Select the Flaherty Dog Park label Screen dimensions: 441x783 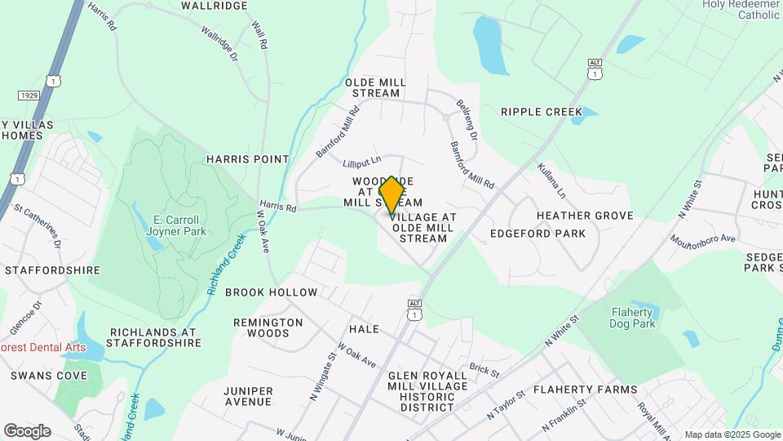point(631,318)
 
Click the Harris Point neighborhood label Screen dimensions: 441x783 point(248,159)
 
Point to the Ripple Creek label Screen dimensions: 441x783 point(542,112)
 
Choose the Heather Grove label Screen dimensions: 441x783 point(585,216)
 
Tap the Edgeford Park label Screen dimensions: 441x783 point(537,234)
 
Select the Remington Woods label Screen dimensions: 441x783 point(268,327)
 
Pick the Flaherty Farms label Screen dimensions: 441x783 point(585,390)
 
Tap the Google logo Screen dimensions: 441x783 point(27,430)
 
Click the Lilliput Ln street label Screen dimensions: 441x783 point(362,163)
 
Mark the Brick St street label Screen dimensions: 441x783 point(484,371)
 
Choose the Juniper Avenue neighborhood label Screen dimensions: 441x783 point(248,396)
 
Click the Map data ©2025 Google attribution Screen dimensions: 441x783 point(731,434)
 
